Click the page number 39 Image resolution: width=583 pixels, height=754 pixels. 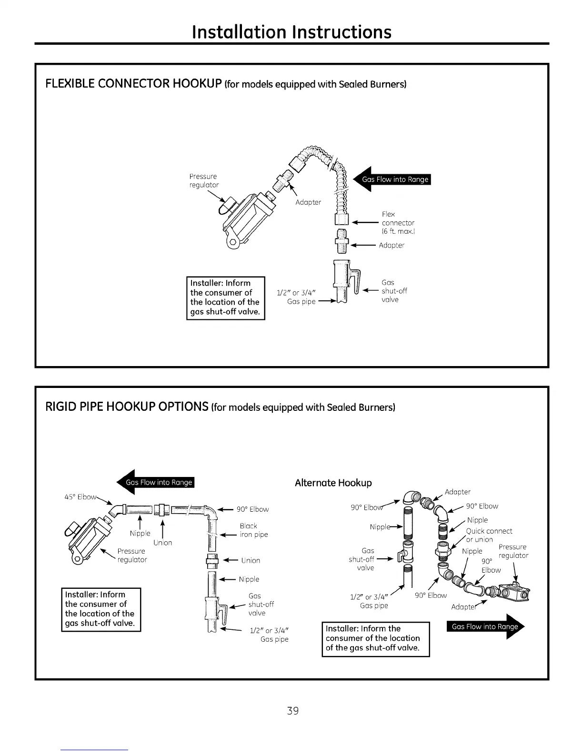click(292, 711)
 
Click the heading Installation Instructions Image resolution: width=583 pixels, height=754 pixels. click(291, 31)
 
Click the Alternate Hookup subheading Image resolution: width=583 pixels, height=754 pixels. click(333, 483)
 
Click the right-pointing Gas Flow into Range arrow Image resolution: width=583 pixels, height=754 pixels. click(485, 626)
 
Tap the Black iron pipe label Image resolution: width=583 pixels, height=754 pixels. click(253, 530)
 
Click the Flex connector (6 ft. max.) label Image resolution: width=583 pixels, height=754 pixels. click(398, 223)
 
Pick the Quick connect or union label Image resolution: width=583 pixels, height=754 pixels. click(488, 535)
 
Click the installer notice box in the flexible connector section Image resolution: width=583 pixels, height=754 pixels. click(225, 298)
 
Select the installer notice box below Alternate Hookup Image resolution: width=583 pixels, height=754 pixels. click(376, 638)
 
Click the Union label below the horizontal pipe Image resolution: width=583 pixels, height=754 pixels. click(162, 543)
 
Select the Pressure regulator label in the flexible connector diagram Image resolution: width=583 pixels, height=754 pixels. click(204, 180)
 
